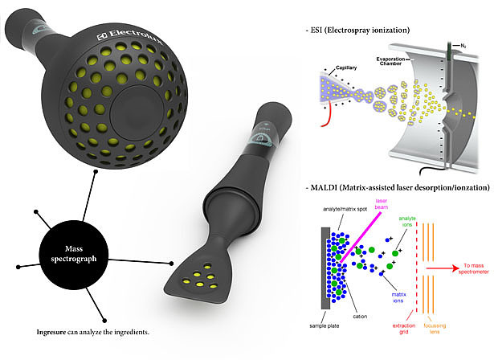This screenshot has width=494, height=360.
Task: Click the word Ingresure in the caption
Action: point(54,331)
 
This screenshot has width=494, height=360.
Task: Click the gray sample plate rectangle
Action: point(324,272)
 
